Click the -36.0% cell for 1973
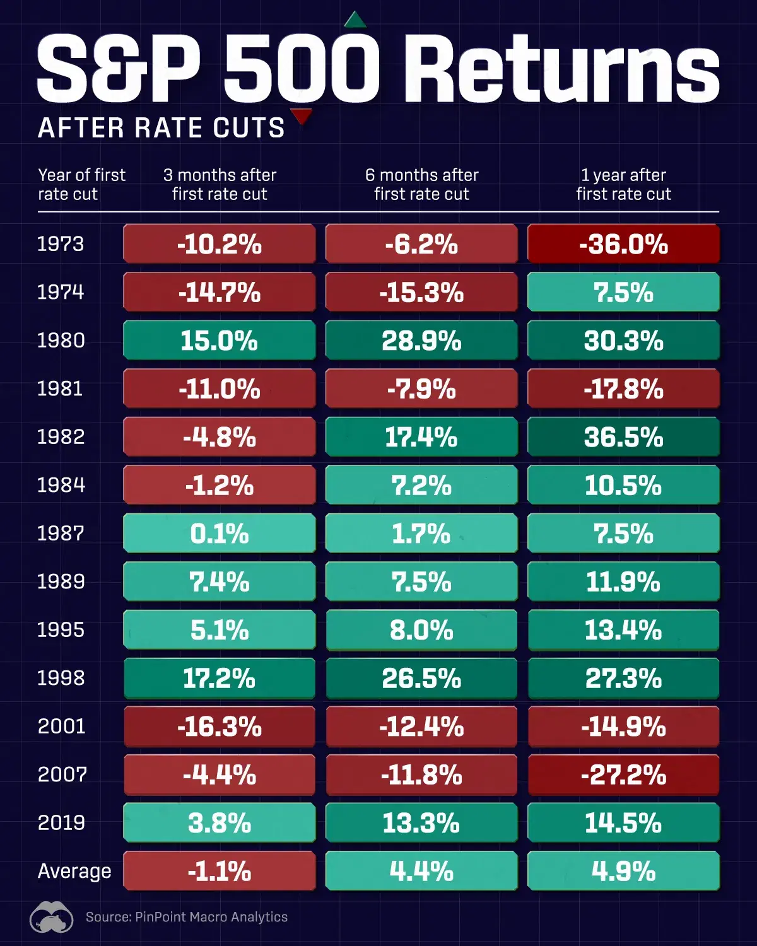pyautogui.click(x=623, y=244)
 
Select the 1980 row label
pyautogui.click(x=61, y=341)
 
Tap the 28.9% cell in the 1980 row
pyautogui.click(x=421, y=341)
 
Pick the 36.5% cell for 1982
pyautogui.click(x=623, y=437)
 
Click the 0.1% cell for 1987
pyautogui.click(x=220, y=534)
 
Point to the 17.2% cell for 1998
pyautogui.click(x=220, y=679)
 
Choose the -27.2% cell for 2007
pyautogui.click(x=623, y=775)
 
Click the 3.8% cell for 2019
pyautogui.click(x=220, y=823)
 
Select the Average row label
pyautogui.click(x=74, y=871)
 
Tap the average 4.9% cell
pyautogui.click(x=623, y=871)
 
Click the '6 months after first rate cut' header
pyautogui.click(x=421, y=184)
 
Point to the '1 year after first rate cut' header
pyautogui.click(x=623, y=184)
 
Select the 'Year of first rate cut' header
pyautogui.click(x=81, y=184)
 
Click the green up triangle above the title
pyautogui.click(x=355, y=21)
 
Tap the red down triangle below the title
pyautogui.click(x=302, y=116)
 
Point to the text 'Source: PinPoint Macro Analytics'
pyautogui.click(x=187, y=917)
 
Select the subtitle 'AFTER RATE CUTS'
pyautogui.click(x=161, y=128)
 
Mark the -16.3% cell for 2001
pyautogui.click(x=220, y=727)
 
